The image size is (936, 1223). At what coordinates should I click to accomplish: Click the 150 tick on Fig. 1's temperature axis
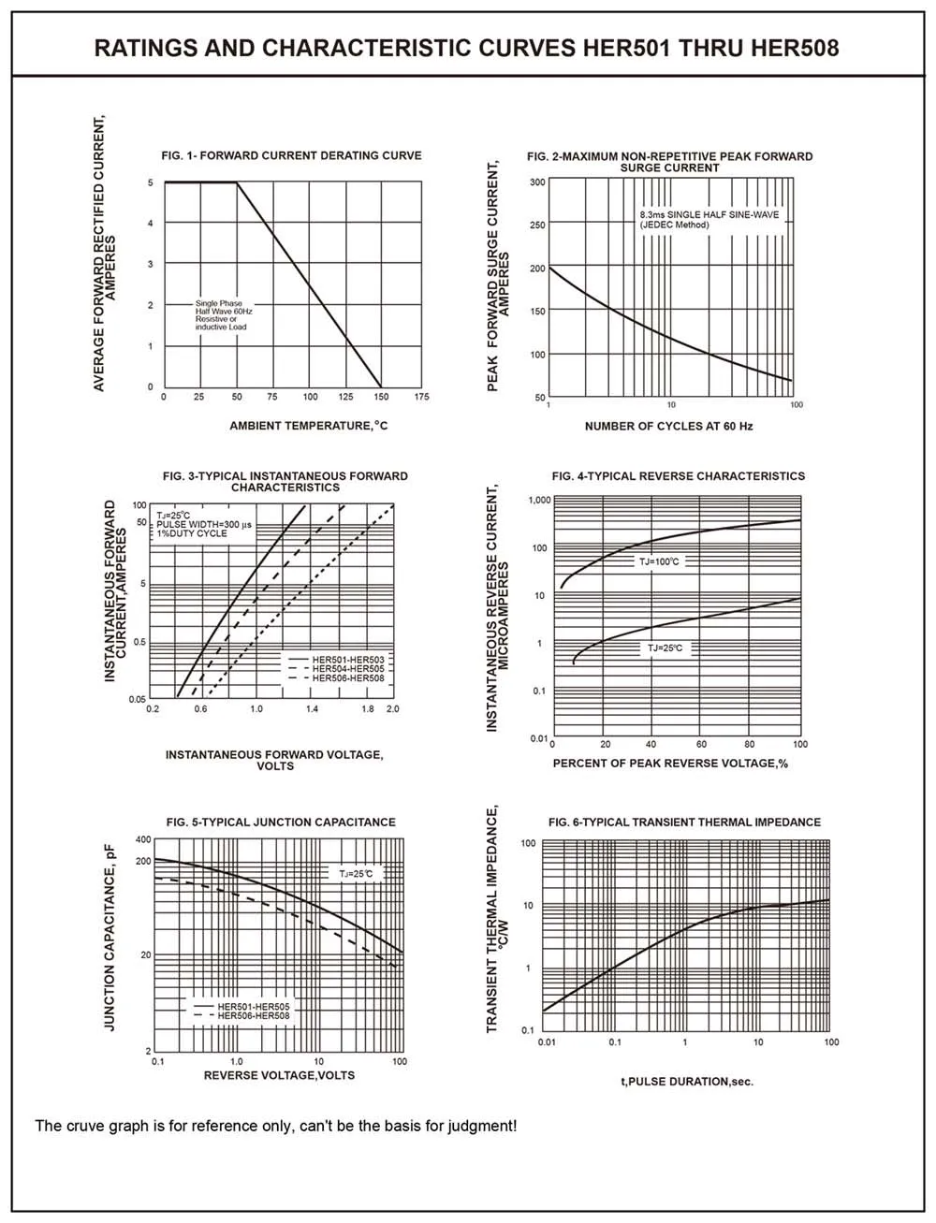click(381, 398)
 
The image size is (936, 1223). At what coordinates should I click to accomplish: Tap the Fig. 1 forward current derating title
click(292, 155)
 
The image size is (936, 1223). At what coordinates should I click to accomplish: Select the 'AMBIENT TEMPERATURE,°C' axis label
click(309, 426)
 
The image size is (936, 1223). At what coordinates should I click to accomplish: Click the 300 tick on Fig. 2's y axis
click(536, 182)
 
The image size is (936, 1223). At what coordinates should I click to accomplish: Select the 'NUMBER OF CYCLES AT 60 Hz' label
click(668, 426)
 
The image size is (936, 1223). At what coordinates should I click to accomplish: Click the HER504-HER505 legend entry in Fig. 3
click(348, 669)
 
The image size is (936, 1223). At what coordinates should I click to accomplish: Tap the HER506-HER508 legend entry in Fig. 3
click(348, 677)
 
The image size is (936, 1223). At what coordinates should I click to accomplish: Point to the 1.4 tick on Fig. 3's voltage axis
click(312, 709)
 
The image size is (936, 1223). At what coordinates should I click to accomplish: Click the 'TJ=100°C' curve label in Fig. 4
click(659, 561)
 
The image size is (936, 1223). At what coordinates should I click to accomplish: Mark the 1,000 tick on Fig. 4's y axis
click(539, 500)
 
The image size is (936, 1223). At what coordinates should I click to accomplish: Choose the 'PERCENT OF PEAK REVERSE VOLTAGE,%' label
click(670, 763)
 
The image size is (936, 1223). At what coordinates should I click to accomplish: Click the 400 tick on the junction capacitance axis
click(143, 839)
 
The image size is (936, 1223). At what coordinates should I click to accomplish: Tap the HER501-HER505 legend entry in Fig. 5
click(254, 1007)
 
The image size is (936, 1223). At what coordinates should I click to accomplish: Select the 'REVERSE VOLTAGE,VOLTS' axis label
click(279, 1075)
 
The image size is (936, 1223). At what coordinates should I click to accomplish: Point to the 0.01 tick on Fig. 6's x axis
click(547, 1041)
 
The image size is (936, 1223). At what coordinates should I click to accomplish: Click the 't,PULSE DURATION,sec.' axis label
click(687, 1082)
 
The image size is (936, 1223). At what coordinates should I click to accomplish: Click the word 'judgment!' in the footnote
click(482, 1126)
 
